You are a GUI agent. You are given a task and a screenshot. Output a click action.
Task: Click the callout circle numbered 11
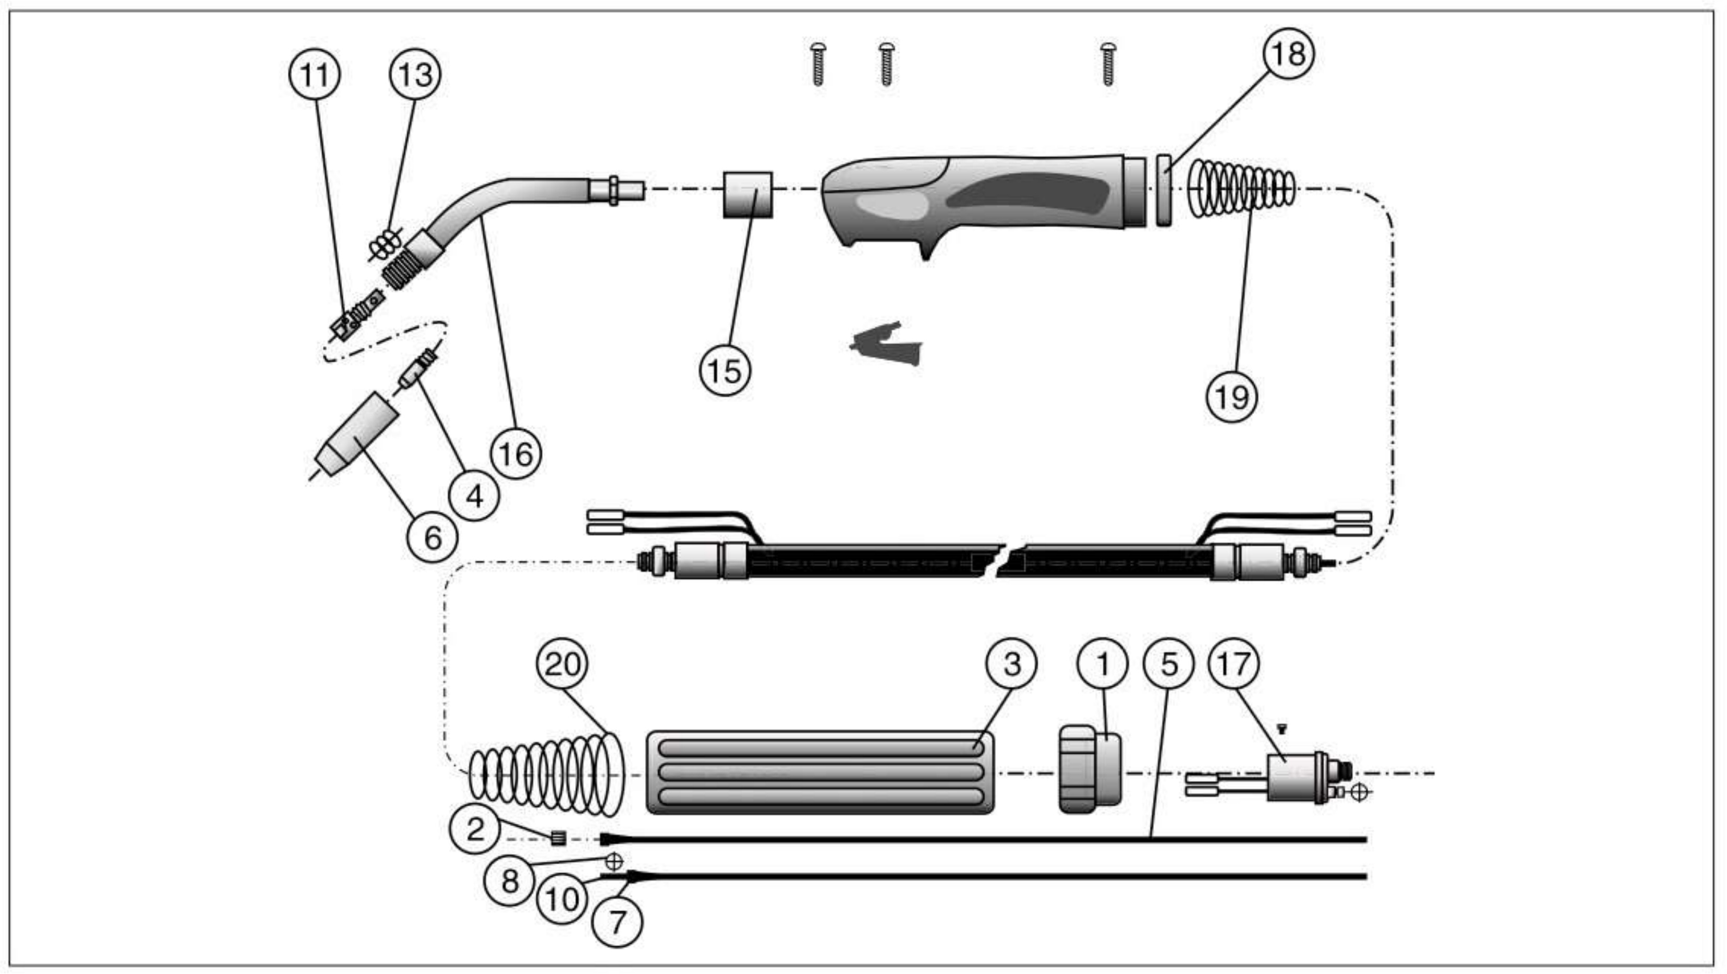314,74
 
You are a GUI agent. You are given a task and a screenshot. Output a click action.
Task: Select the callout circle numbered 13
415,74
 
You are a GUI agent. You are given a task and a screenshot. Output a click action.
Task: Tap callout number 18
1288,54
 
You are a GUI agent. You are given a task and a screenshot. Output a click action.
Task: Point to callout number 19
1232,397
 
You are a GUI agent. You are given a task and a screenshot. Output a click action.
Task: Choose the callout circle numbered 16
516,454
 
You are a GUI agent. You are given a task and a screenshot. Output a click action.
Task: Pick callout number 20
562,664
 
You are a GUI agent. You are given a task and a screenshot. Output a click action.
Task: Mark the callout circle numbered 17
1233,664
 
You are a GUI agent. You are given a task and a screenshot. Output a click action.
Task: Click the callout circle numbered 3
1011,664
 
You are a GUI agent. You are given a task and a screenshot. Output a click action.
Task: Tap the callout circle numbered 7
617,922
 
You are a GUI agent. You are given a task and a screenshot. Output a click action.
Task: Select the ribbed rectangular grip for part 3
819,773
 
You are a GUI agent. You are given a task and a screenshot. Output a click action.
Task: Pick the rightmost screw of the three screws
1107,64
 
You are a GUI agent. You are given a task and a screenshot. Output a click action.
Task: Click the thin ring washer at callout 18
1164,191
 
